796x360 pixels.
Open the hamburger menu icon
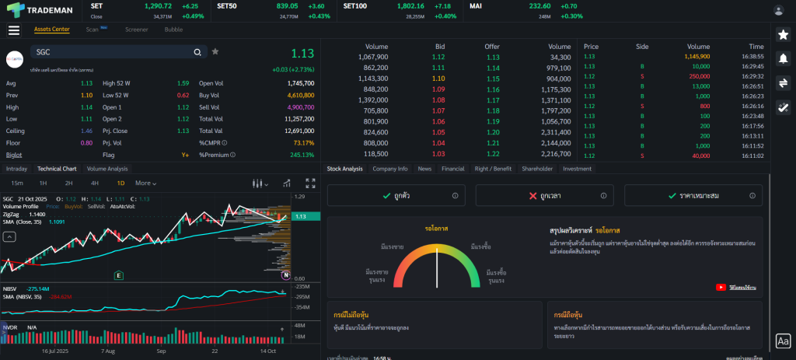pyautogui.click(x=14, y=30)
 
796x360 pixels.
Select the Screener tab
pyautogui.click(x=137, y=30)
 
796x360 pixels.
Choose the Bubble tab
pyautogui.click(x=173, y=30)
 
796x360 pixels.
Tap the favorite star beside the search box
pyautogui.click(x=215, y=52)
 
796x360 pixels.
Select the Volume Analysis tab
pyautogui.click(x=107, y=168)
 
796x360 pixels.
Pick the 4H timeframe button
pyautogui.click(x=94, y=183)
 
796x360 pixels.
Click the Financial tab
pyautogui.click(x=452, y=168)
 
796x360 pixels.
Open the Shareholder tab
pyautogui.click(x=537, y=168)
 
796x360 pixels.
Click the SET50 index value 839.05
pyautogui.click(x=287, y=5)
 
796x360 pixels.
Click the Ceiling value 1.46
pyautogui.click(x=86, y=131)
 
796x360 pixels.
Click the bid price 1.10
pyautogui.click(x=438, y=79)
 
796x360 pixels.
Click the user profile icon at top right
pyautogui.click(x=779, y=10)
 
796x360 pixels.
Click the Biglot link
pyautogui.click(x=14, y=155)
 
